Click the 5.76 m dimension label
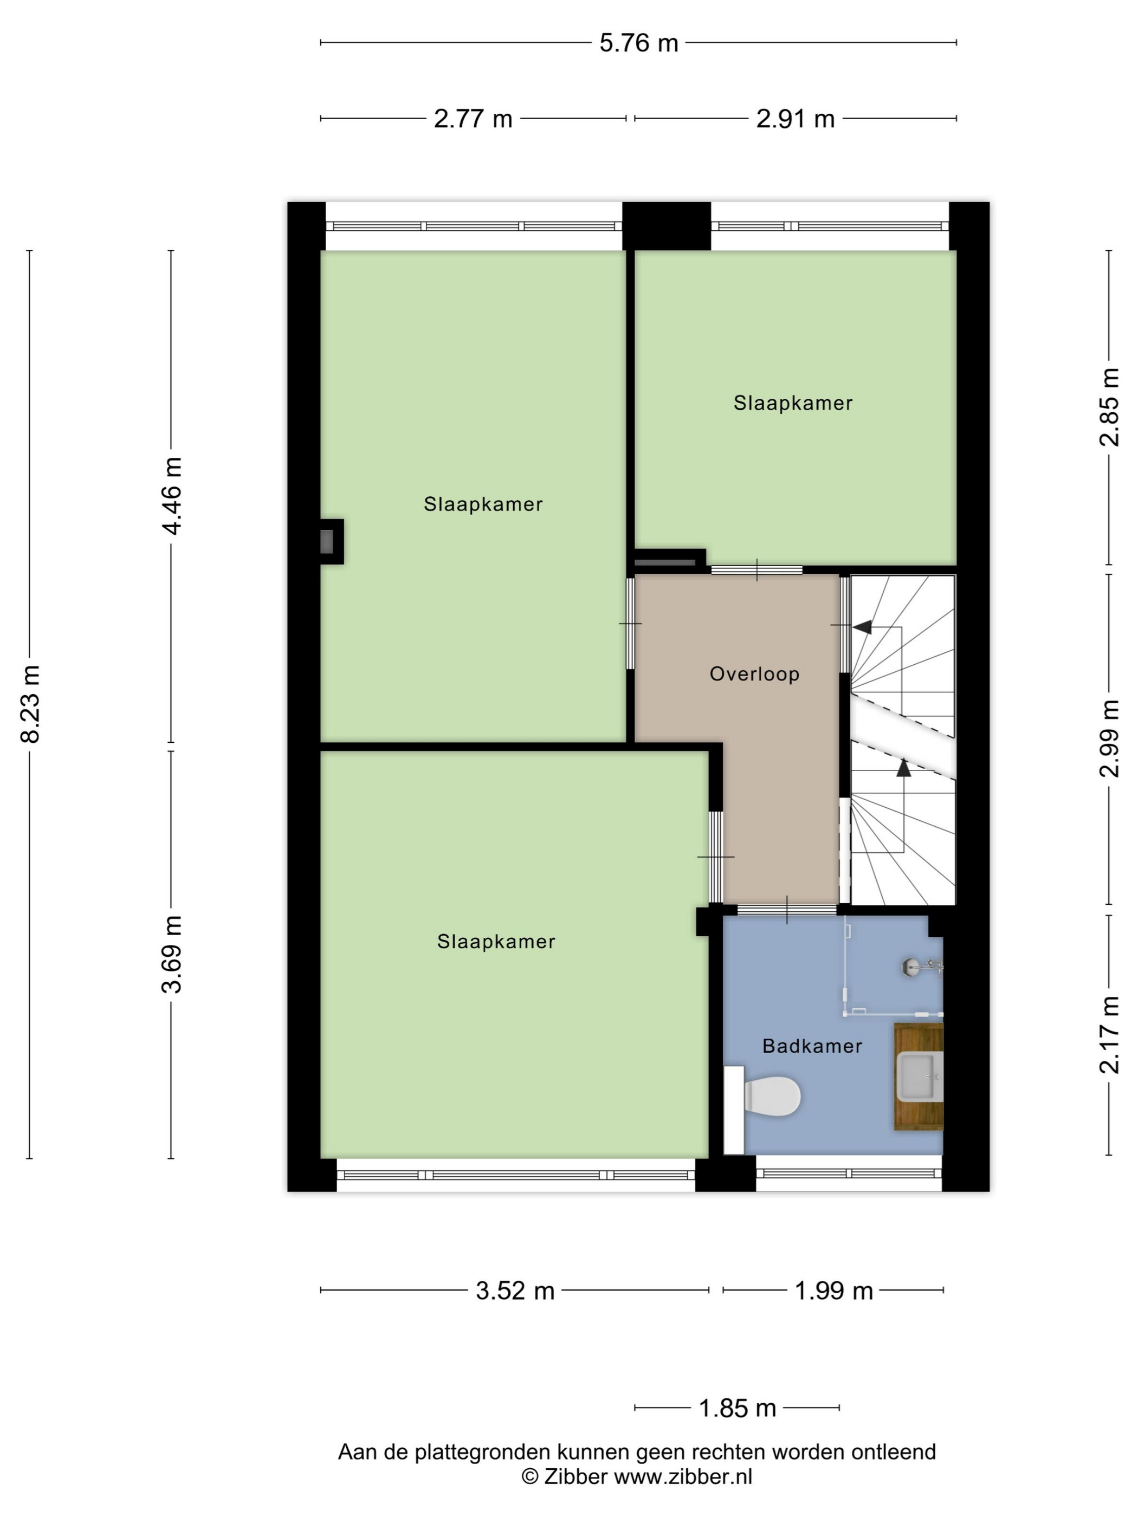(638, 43)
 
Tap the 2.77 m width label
(473, 119)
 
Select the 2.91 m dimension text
(795, 119)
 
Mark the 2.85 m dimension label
(1109, 407)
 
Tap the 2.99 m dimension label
(1109, 738)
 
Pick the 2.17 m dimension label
(1109, 1035)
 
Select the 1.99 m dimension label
(833, 1292)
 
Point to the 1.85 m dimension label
(736, 1409)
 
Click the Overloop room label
(754, 674)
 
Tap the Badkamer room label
(812, 1046)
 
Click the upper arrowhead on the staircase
(862, 627)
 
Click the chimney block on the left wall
(331, 542)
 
